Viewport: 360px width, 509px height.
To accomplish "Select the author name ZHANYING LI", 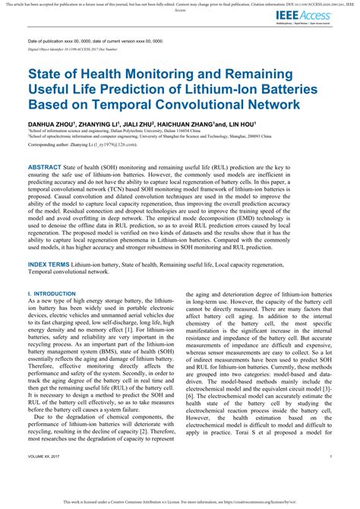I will pyautogui.click(x=101, y=122).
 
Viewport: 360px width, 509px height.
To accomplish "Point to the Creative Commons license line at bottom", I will pyautogui.click(x=180, y=501).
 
